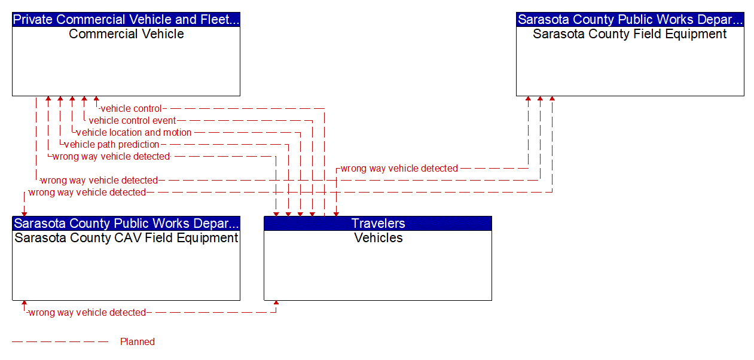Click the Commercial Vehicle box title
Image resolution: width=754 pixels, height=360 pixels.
click(126, 34)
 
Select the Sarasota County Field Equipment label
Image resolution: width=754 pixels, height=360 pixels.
click(630, 34)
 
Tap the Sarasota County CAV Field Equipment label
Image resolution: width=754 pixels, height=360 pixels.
click(126, 238)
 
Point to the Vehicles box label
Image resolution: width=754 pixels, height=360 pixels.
click(378, 238)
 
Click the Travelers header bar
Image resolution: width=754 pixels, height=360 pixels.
click(378, 224)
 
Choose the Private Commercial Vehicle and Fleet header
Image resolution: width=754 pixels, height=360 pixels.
click(126, 20)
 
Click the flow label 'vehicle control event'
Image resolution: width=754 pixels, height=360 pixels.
click(132, 121)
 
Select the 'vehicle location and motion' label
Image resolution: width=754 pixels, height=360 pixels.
click(134, 133)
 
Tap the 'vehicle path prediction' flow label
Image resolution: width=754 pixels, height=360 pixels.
click(112, 145)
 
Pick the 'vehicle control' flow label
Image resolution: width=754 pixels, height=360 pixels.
click(131, 109)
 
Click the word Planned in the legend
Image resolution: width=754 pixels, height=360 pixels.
click(138, 342)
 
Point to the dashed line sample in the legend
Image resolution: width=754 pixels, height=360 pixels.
click(60, 342)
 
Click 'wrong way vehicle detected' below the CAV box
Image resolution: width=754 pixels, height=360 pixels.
click(87, 313)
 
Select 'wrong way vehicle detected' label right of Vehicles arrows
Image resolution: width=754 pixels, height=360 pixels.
click(399, 169)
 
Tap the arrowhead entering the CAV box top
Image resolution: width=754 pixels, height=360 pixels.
click(25, 212)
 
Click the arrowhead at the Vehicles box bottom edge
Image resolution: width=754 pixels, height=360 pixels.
click(276, 304)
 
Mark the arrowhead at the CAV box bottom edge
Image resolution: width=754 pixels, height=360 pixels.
click(25, 304)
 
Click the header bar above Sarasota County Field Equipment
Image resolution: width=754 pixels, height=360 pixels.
click(630, 20)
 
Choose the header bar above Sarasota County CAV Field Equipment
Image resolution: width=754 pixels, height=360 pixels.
click(126, 224)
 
